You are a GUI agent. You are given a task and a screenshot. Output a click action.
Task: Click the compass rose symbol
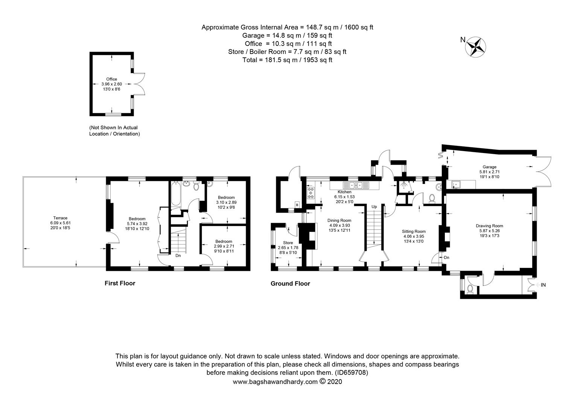(x=476, y=47)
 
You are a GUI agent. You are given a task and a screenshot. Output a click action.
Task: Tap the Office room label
(x=111, y=79)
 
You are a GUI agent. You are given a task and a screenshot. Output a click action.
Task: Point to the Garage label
(x=490, y=167)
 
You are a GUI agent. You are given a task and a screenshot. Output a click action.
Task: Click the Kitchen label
(x=344, y=192)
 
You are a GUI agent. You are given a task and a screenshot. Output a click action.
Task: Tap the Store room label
(x=288, y=243)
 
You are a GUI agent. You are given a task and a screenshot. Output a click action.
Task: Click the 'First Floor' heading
(x=120, y=283)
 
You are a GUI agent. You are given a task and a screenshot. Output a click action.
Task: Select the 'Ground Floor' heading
(x=290, y=284)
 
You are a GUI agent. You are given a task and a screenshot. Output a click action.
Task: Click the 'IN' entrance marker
(x=543, y=285)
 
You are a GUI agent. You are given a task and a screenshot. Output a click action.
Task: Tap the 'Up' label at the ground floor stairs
(x=374, y=207)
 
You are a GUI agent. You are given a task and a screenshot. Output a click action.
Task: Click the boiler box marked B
(x=297, y=205)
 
